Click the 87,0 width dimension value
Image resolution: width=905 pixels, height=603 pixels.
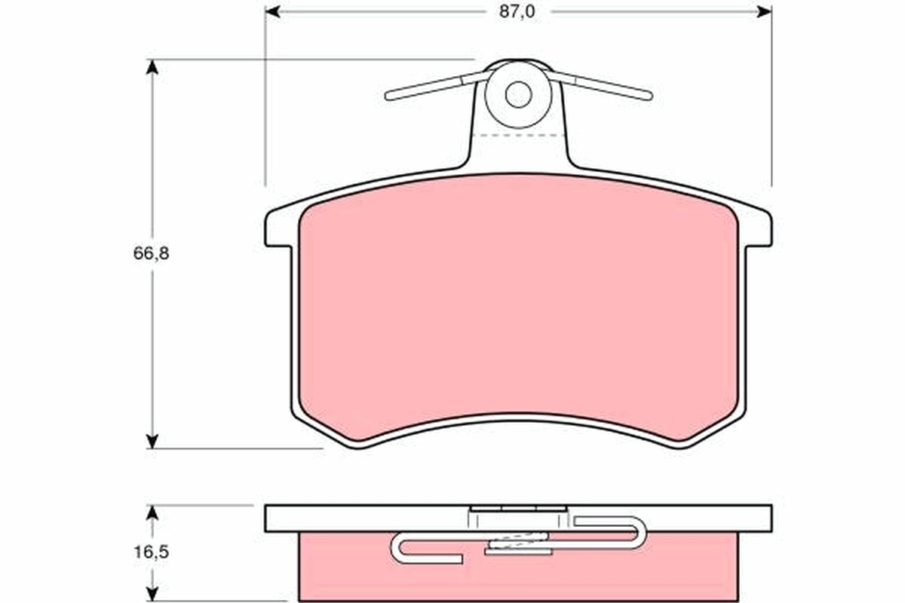[x=518, y=12]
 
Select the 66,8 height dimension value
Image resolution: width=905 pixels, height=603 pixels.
[x=152, y=254]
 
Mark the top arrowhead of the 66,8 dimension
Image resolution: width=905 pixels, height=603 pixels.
[x=152, y=66]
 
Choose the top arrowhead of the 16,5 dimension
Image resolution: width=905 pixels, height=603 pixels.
[x=152, y=512]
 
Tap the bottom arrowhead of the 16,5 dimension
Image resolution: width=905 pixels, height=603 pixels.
[x=152, y=595]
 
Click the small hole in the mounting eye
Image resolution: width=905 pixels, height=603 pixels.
[x=518, y=94]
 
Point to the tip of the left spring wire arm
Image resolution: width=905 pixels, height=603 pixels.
[x=389, y=96]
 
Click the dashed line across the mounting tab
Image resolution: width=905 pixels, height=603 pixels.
[x=518, y=136]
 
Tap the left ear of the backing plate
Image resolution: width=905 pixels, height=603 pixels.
[x=278, y=229]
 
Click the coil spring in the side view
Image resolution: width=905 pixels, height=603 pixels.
[x=518, y=540]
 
